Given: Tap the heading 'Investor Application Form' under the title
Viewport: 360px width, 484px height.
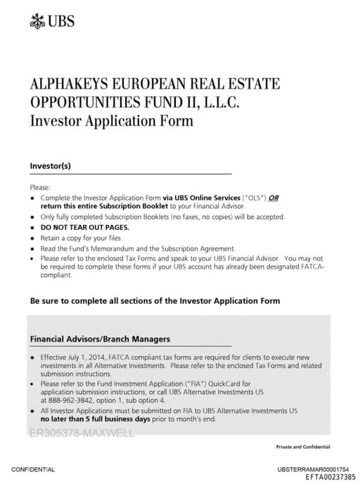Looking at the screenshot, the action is pyautogui.click(x=111, y=120).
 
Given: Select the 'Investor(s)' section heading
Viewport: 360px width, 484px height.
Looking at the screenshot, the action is pyautogui.click(x=51, y=166).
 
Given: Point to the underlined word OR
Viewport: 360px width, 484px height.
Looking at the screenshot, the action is pyautogui.click(x=274, y=198).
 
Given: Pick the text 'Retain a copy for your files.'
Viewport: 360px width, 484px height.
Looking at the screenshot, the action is pyautogui.click(x=82, y=238).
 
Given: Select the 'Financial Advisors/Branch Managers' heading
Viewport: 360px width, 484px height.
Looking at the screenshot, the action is pyautogui.click(x=100, y=339).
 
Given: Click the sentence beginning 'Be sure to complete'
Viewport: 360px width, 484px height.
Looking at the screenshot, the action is pyautogui.click(x=155, y=300).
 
